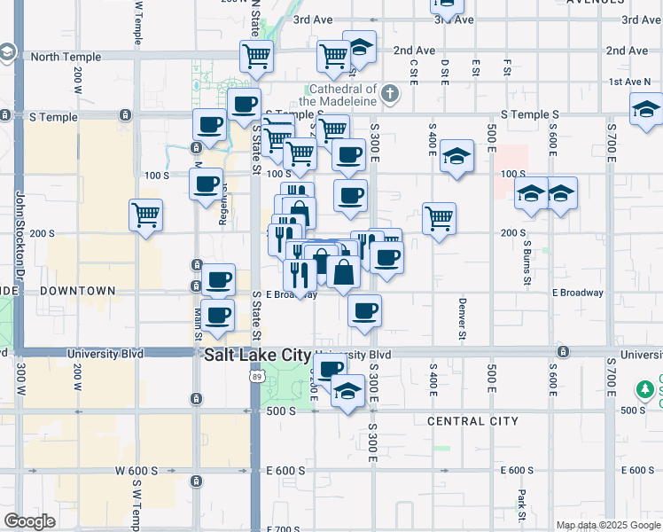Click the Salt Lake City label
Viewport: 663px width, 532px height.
[257, 355]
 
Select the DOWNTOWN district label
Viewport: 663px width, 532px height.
[76, 291]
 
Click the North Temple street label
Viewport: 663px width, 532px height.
[66, 57]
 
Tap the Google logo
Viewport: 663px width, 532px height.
[29, 521]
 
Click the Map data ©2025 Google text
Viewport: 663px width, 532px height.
[608, 525]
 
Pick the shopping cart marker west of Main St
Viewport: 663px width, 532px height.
[145, 215]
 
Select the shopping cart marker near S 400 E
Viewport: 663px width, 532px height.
[439, 218]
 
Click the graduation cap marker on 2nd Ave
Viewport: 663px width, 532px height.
[359, 46]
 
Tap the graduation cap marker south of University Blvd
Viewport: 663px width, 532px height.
[347, 391]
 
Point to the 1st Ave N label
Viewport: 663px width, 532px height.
[630, 82]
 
